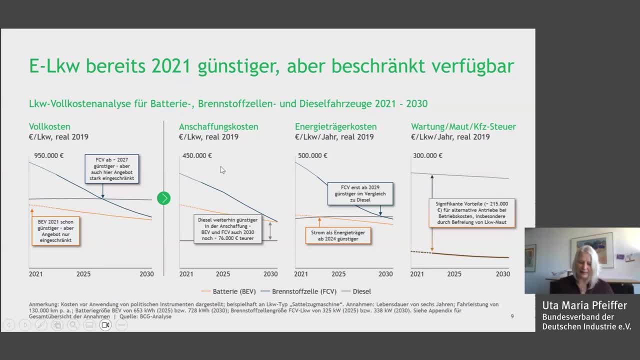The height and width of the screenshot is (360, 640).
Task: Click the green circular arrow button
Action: coord(163,198)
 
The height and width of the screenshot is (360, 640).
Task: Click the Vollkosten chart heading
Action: coord(49,126)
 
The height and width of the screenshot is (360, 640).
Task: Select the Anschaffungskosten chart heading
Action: coord(218,126)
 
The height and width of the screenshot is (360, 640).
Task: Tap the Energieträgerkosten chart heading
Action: coord(335,126)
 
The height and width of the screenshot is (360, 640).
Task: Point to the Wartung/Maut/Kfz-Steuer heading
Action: coord(463,126)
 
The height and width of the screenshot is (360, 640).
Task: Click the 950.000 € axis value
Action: coord(48,155)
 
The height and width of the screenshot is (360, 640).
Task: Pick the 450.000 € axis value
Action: coord(197,155)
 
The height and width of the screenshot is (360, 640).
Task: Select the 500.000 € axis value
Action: coord(312,155)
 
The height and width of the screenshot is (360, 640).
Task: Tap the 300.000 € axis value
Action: coord(427,155)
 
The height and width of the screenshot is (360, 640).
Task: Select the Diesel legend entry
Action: coord(361,291)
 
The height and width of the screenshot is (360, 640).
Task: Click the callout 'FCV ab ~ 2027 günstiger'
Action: coord(111,168)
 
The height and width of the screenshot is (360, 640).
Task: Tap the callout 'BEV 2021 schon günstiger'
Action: coord(55,230)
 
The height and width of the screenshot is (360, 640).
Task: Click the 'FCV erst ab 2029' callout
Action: coord(360,193)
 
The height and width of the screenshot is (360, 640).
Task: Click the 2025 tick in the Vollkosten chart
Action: coord(83,274)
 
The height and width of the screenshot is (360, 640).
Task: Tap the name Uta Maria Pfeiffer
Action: coord(584,305)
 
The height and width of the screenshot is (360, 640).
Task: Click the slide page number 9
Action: coord(512,316)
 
